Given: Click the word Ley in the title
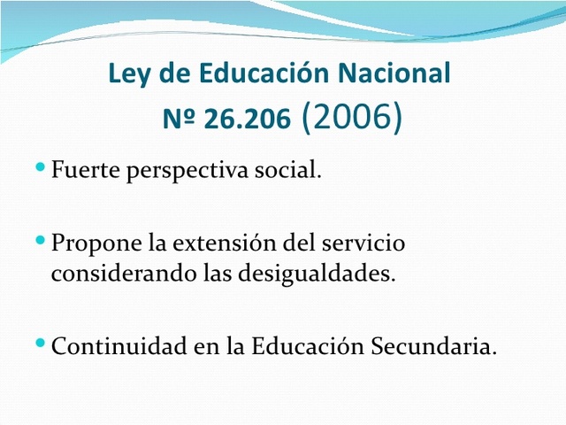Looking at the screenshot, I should point(126,73).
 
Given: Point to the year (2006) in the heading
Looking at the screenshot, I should point(352,118).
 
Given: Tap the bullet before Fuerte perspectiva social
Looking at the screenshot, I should point(42,166).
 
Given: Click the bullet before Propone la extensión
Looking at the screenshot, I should point(42,240).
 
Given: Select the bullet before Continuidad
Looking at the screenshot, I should point(42,343).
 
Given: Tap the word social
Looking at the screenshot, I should point(294,168).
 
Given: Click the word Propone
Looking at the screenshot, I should point(92,243).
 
